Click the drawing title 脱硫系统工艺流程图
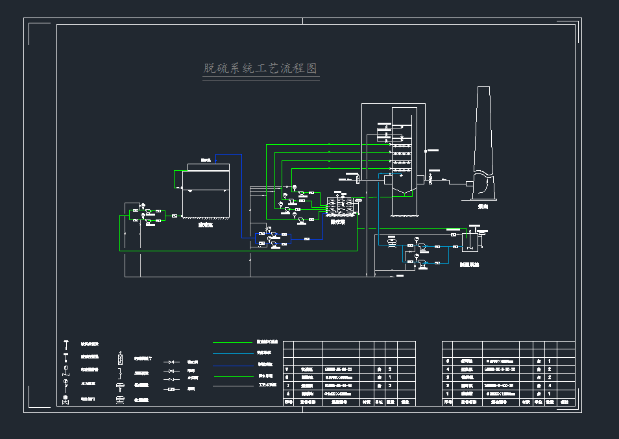coord(260,69)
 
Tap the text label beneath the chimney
coord(483,206)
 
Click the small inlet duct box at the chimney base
coord(468,184)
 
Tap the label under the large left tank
coord(206,225)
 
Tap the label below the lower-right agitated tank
coord(471,264)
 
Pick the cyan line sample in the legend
coord(232,354)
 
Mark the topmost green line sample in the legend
coord(232,343)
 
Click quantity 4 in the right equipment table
coord(550,385)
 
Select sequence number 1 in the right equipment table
coord(447,394)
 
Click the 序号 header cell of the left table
coord(289,402)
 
